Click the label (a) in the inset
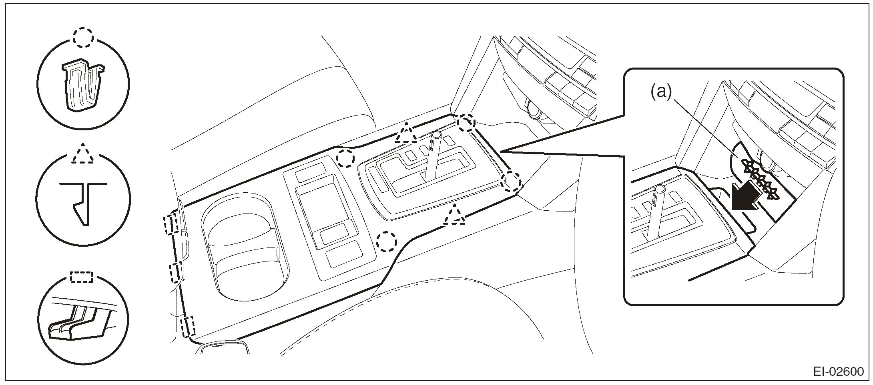pyautogui.click(x=660, y=92)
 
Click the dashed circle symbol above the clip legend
pyautogui.click(x=83, y=38)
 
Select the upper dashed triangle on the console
pyautogui.click(x=406, y=134)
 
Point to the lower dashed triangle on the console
pyautogui.click(x=454, y=215)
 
